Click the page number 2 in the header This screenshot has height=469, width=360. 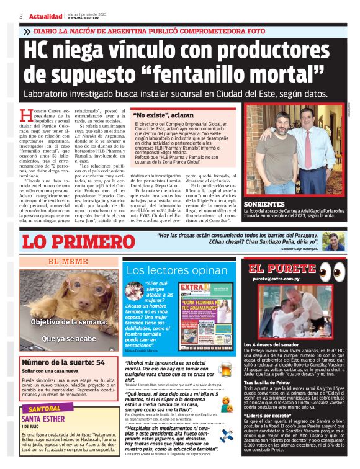coord(21,16)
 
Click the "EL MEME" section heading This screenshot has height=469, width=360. coord(68,261)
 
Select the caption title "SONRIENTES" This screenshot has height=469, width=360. coord(265,203)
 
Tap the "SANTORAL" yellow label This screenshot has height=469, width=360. coord(45,409)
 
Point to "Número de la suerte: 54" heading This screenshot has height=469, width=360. coord(63,362)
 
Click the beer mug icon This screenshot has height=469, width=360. coord(224,370)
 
